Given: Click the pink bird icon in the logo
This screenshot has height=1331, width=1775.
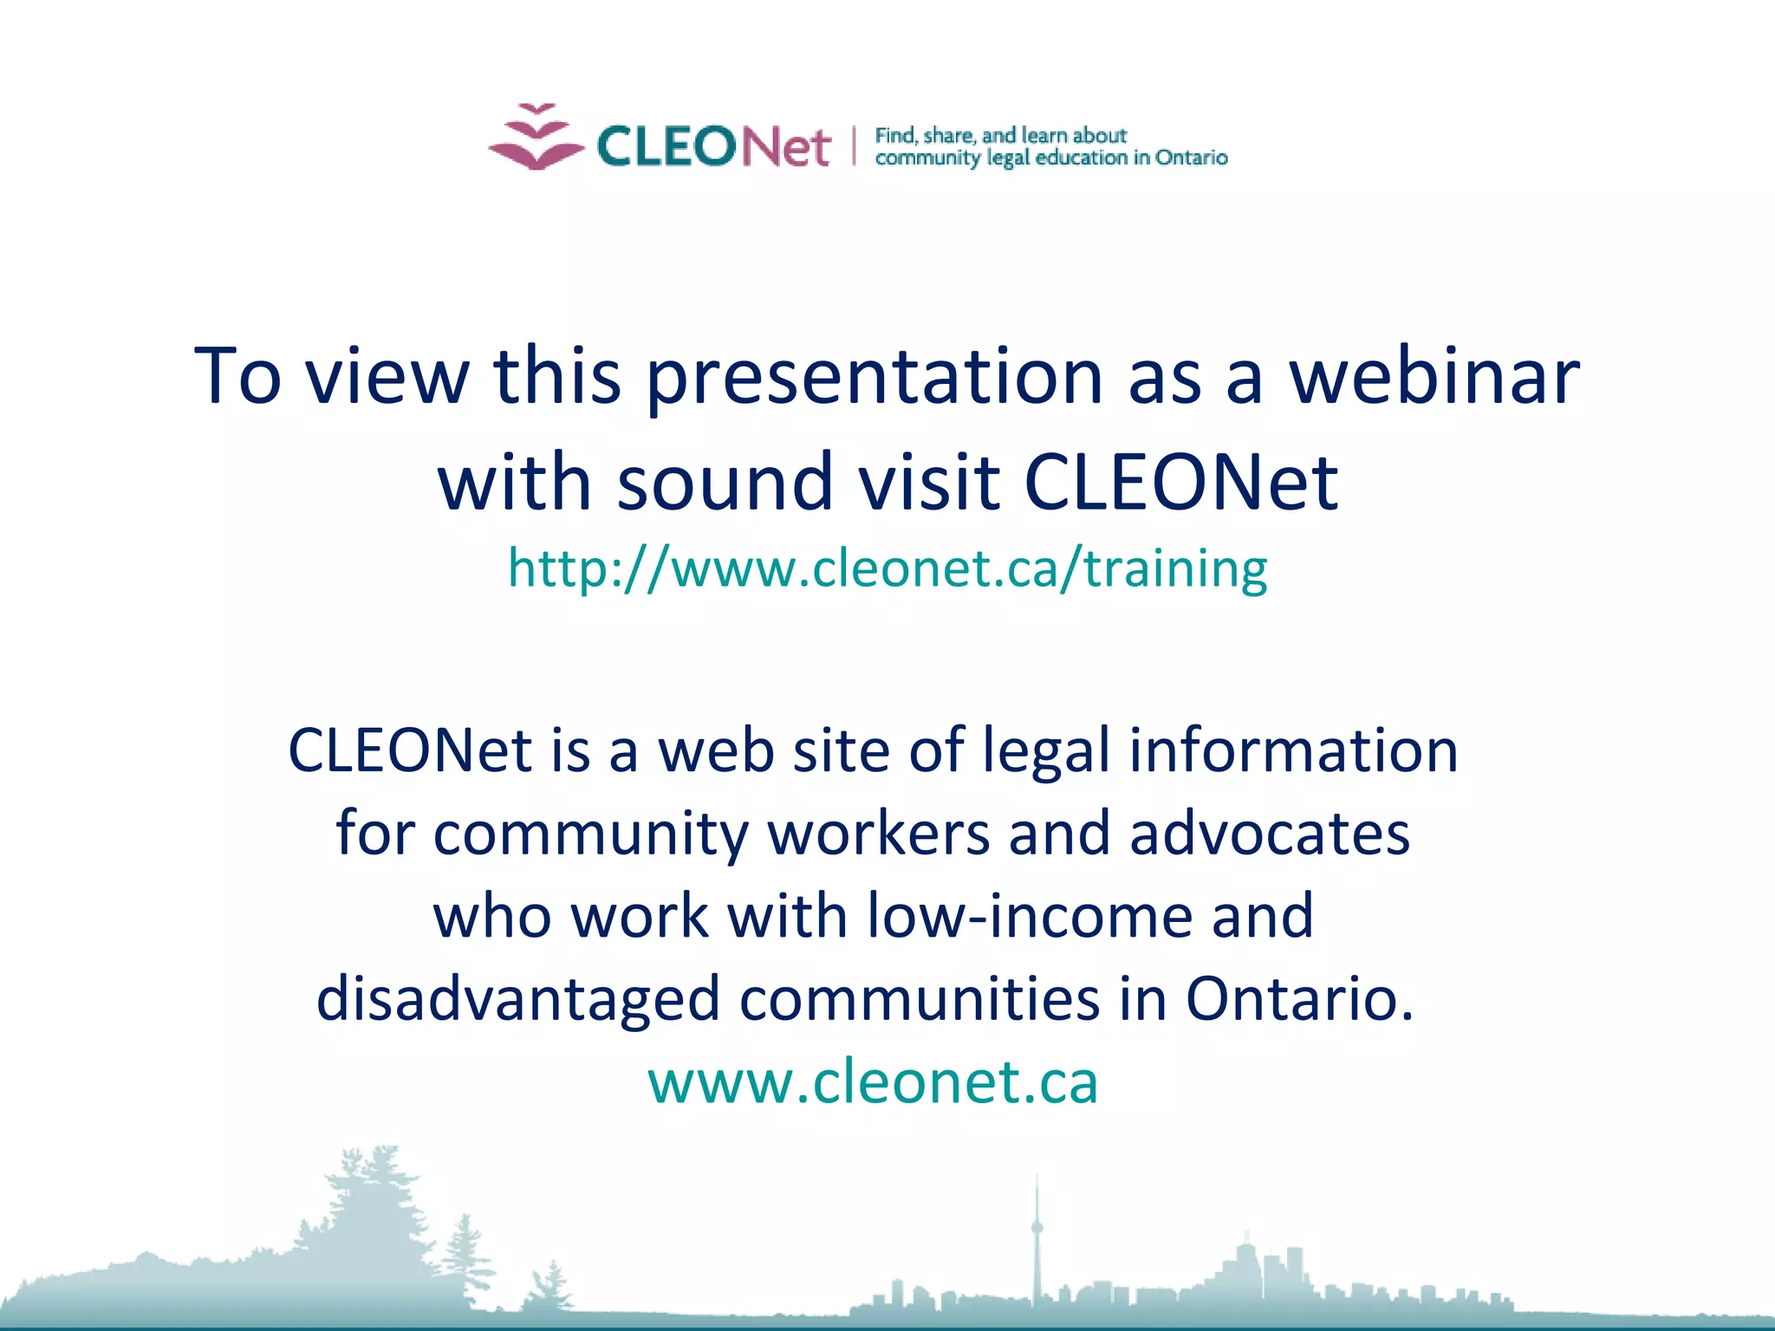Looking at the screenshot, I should pyautogui.click(x=536, y=139).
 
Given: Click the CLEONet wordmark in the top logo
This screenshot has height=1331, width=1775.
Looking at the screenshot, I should pyautogui.click(x=713, y=146).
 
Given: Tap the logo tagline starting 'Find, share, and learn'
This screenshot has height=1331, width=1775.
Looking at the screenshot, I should pyautogui.click(x=1050, y=146).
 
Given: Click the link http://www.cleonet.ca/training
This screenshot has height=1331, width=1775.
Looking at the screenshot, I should pyautogui.click(x=887, y=568).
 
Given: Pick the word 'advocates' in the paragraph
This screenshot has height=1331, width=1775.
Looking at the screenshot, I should pyautogui.click(x=1270, y=834).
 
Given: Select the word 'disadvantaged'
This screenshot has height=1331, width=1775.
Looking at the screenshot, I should pyautogui.click(x=517, y=999).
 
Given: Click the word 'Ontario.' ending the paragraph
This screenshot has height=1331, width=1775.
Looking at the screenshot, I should pyautogui.click(x=1299, y=999).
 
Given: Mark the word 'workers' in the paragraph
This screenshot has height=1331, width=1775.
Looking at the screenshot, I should pyautogui.click(x=879, y=834).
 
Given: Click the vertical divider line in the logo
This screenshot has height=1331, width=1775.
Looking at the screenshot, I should pyautogui.click(x=854, y=146).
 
